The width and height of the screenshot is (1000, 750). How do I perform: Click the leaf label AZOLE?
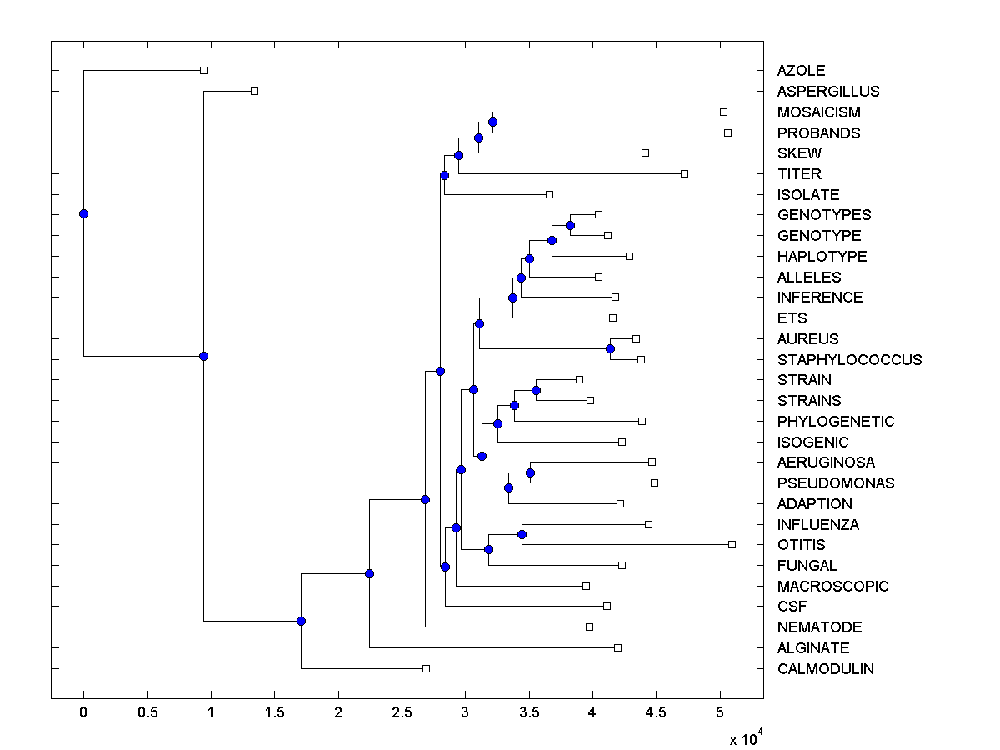[x=801, y=71]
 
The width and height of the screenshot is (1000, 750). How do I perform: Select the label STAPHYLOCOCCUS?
[x=849, y=360]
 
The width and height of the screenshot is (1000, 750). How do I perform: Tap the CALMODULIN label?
[x=825, y=669]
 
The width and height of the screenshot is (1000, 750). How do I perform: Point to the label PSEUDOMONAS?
[x=835, y=483]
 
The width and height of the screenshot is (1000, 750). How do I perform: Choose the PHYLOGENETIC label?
[x=835, y=422]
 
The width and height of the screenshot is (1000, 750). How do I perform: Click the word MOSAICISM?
[x=818, y=112]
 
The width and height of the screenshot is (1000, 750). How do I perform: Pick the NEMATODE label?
[x=819, y=627]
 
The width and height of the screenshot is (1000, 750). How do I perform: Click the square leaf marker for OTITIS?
[x=732, y=544]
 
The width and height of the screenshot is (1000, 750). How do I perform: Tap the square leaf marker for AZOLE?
[x=203, y=71]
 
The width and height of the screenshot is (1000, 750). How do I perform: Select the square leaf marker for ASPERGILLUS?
[x=254, y=91]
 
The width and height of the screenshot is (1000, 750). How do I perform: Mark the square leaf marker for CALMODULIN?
[x=426, y=668]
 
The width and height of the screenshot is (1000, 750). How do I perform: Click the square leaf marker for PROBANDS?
[x=727, y=132]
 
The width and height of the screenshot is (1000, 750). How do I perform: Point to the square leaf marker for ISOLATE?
[x=549, y=194]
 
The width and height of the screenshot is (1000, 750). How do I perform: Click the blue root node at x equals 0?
[x=83, y=213]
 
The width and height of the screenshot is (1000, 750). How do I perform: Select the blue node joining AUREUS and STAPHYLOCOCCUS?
[x=610, y=348]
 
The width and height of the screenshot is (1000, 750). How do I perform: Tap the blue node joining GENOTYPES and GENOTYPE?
[x=570, y=225]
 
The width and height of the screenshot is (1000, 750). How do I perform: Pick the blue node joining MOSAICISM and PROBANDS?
[x=492, y=122]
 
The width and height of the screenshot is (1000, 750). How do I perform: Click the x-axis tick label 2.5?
[x=402, y=713]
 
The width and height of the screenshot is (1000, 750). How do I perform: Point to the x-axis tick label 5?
[x=719, y=713]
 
